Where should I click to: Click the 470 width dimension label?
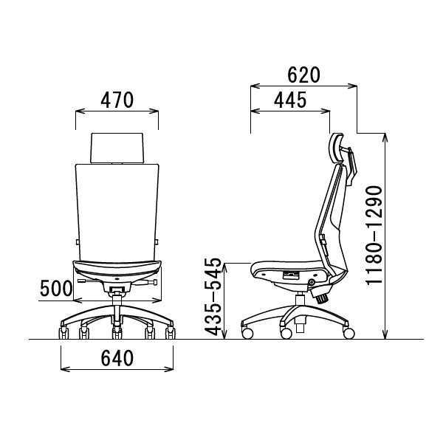click(x=117, y=100)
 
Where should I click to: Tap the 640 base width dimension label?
click(x=117, y=358)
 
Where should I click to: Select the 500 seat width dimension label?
click(x=56, y=288)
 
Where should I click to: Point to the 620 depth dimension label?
click(x=303, y=75)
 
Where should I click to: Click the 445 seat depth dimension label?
click(x=290, y=100)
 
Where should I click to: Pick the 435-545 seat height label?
click(x=213, y=297)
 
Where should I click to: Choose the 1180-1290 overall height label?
click(x=374, y=235)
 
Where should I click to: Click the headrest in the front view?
click(x=117, y=148)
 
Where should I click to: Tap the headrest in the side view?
click(x=337, y=148)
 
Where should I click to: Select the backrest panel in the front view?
click(x=117, y=212)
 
